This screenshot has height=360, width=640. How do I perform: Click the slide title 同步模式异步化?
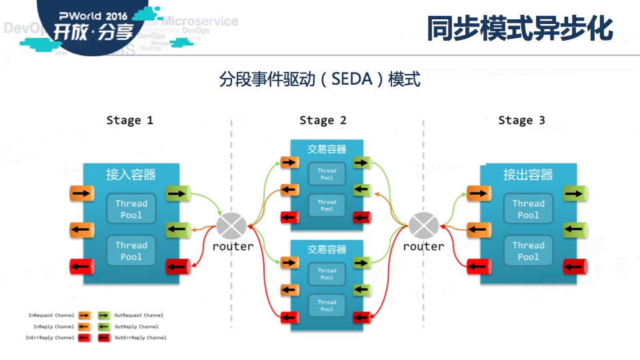coord(519,29)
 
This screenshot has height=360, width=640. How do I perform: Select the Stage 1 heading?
coord(129,121)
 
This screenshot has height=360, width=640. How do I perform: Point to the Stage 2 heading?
coord(323,121)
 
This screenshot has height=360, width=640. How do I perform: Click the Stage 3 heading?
coord(521,121)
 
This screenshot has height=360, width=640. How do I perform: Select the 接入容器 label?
coord(131,175)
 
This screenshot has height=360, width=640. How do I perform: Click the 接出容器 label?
coord(528,175)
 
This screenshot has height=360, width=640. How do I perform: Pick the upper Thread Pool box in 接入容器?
coord(131,209)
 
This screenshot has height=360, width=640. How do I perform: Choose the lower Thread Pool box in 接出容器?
coord(528,251)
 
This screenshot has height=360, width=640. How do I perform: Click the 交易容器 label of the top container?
coord(327,150)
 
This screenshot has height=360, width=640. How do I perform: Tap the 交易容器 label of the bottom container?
coord(327,249)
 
